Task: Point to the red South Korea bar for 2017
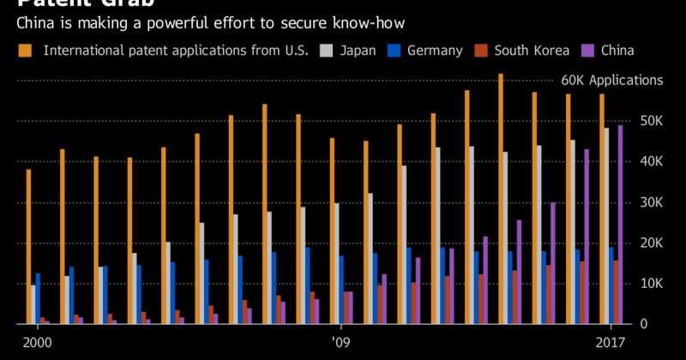[x=616, y=292]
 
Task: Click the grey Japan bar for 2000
[x=33, y=304]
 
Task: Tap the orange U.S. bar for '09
[x=332, y=231]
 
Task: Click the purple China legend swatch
[x=588, y=51]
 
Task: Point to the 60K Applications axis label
[x=611, y=81]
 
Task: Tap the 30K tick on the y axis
[x=651, y=202]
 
